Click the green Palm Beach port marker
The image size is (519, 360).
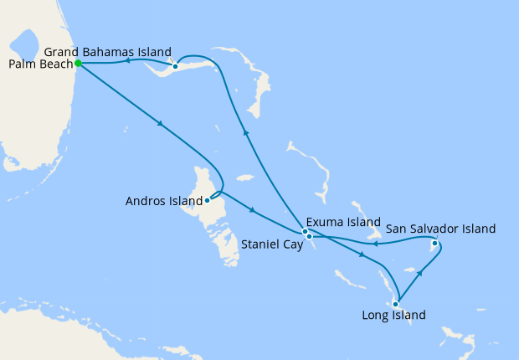point(77,63)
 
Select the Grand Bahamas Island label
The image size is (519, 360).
point(107,51)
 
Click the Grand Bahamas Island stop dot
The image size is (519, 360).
point(175,66)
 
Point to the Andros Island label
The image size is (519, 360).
point(163,201)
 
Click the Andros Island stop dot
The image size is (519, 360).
point(206,200)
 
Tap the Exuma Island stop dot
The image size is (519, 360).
point(306,230)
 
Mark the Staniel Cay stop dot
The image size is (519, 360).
point(310,237)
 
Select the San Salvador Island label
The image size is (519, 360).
point(440,228)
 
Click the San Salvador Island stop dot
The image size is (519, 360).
point(434,244)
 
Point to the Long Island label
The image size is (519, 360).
point(393,316)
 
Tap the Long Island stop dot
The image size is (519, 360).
point(395,304)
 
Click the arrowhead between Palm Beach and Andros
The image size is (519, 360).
point(159,126)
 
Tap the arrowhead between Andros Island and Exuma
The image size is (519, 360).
point(251,209)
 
